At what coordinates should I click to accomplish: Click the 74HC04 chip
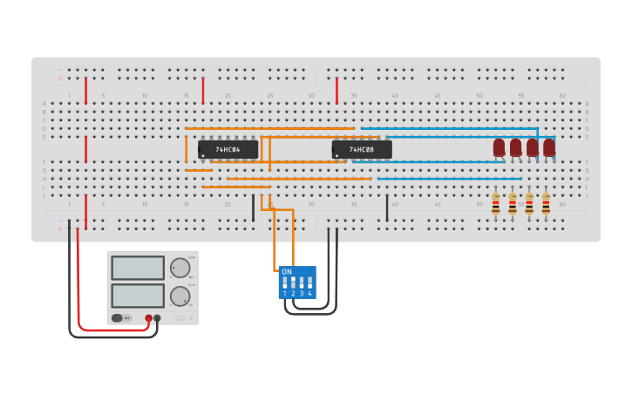[x=228, y=149]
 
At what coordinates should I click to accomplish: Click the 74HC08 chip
[x=362, y=149]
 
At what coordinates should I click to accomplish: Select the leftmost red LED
[x=499, y=147]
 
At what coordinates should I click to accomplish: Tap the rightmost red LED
[x=549, y=147]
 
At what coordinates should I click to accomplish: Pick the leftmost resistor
[x=496, y=205]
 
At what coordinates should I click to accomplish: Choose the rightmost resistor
[x=546, y=205]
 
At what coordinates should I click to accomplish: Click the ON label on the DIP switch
[x=287, y=272]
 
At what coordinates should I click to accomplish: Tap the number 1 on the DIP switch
[x=284, y=294]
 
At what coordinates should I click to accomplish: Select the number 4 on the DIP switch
[x=309, y=294]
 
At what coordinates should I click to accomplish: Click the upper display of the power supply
[x=138, y=268]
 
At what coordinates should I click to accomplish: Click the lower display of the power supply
[x=138, y=296]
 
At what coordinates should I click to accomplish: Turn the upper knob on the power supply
[x=180, y=268]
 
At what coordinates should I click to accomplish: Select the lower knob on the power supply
[x=180, y=296]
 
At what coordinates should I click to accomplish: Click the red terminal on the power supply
[x=149, y=318]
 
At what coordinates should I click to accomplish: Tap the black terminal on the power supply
[x=157, y=318]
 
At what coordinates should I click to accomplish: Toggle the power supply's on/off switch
[x=118, y=318]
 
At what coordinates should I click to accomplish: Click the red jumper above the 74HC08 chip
[x=336, y=90]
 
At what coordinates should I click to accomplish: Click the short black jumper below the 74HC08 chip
[x=387, y=208]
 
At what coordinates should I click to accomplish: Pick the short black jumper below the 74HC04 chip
[x=253, y=208]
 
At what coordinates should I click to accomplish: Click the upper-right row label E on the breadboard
[x=587, y=137]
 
